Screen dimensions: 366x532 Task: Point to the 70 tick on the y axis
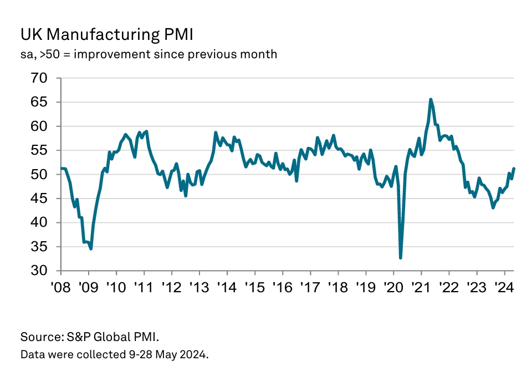coord(45,78)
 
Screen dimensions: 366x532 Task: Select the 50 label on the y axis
coord(45,175)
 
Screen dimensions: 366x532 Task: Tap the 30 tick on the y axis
coord(45,271)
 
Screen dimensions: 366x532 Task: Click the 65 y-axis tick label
coord(45,103)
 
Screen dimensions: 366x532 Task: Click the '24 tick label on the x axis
coord(504,288)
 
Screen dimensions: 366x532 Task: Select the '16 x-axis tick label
coord(282,288)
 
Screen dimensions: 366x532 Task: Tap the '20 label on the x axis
coord(393,288)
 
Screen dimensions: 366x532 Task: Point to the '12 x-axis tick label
coord(171,288)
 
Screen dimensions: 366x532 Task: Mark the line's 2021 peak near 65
coord(431,99)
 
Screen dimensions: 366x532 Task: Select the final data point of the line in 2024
coord(514,169)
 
